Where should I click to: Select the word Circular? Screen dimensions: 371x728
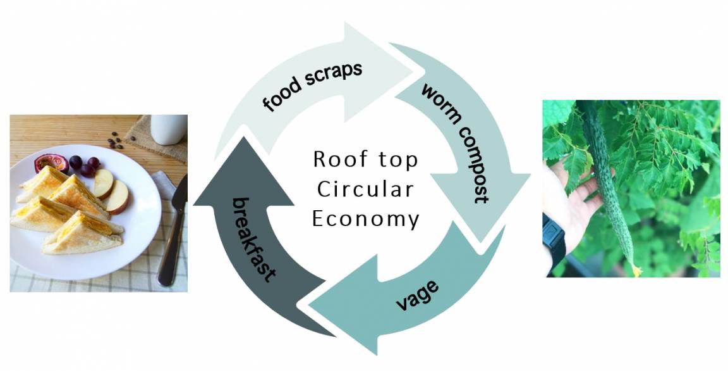365,189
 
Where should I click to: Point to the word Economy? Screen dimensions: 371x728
365,219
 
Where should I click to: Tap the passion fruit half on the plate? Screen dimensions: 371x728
52,163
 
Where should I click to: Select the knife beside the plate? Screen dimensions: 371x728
173,232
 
